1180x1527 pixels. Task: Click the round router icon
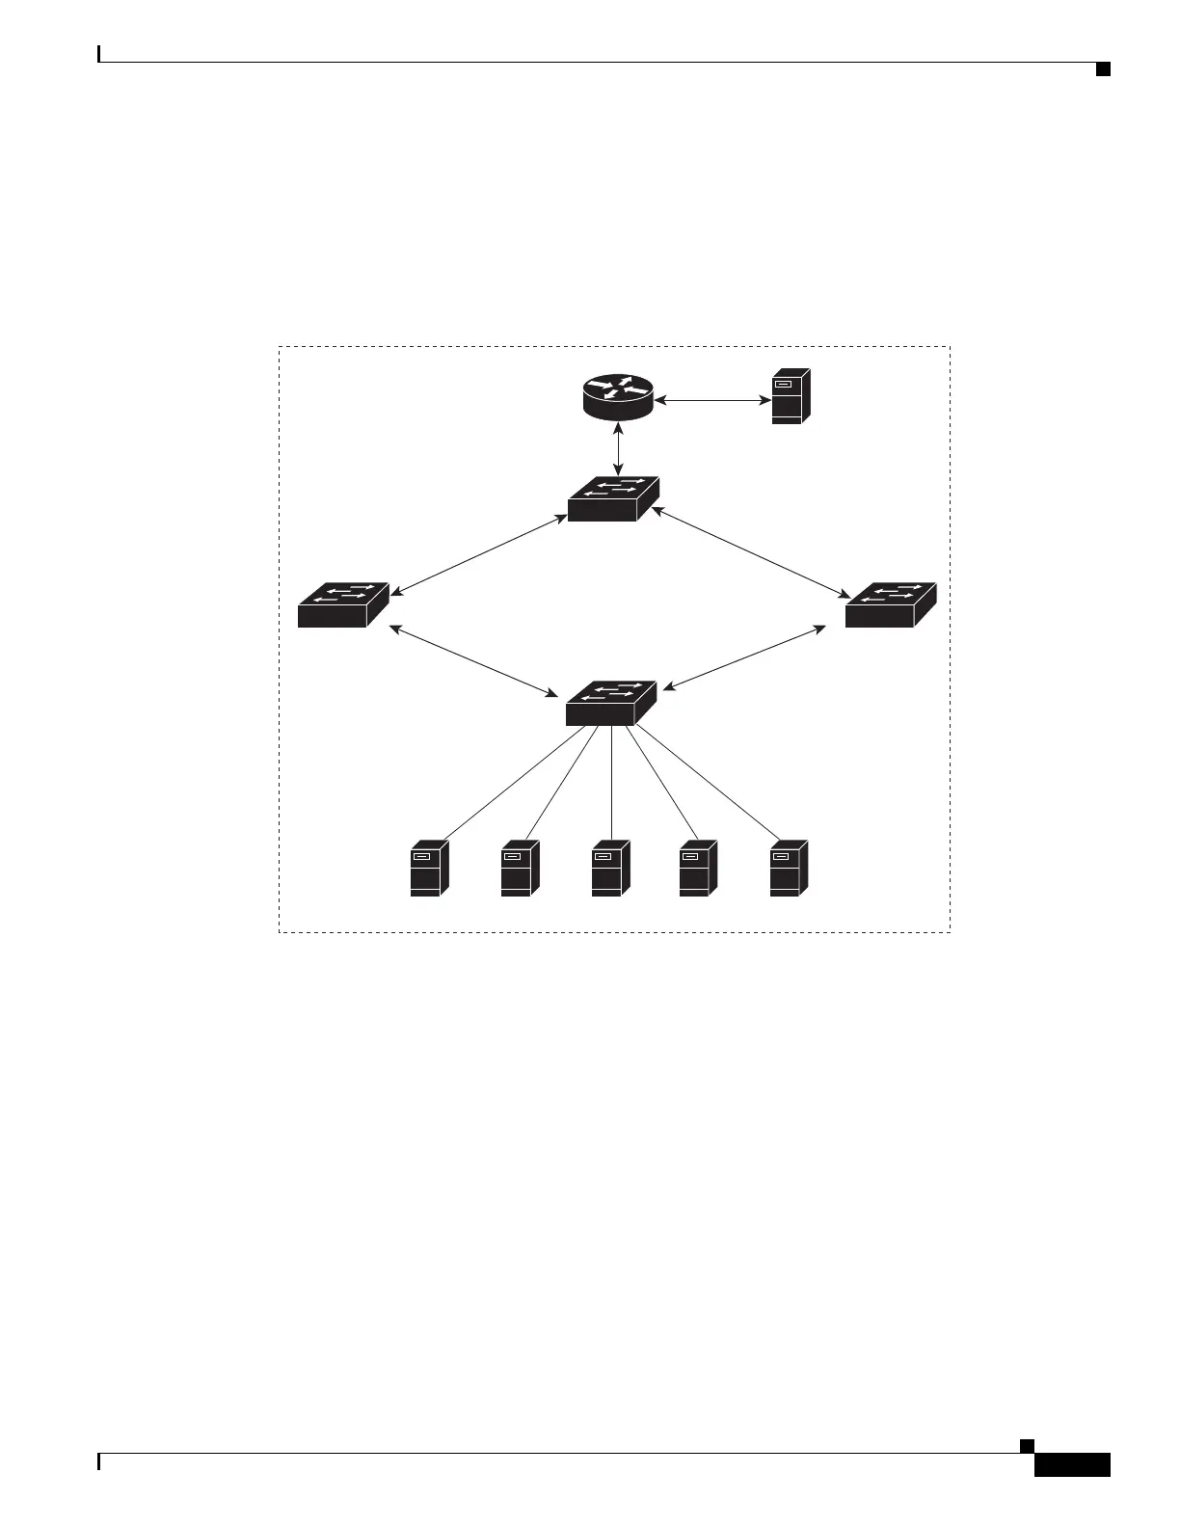[x=618, y=397]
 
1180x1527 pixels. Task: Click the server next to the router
[x=791, y=396]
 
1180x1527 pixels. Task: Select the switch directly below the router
[x=613, y=499]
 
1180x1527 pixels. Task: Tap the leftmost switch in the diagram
[x=343, y=605]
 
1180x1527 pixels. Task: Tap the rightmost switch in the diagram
[x=890, y=605]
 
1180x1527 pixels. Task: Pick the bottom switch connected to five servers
[x=611, y=705]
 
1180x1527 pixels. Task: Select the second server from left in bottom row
[x=520, y=869]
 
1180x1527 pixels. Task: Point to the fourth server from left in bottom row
[x=698, y=869]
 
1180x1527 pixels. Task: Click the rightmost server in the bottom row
[x=789, y=869]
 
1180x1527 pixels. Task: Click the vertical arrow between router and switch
[x=618, y=448]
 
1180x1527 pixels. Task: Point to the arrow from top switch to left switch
[x=478, y=555]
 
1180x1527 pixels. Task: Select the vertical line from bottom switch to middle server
[x=611, y=783]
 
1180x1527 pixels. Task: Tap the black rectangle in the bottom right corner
[x=1072, y=1466]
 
